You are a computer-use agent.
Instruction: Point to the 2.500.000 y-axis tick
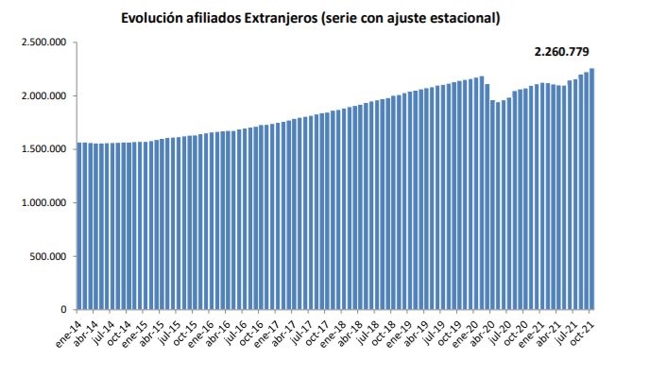pos(43,43)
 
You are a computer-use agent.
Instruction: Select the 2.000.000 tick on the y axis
pos(43,96)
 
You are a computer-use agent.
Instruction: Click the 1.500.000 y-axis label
pos(43,149)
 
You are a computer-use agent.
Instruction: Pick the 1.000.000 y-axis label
pos(43,203)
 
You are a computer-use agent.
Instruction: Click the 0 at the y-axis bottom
pos(63,310)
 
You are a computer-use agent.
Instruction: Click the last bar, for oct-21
pos(592,189)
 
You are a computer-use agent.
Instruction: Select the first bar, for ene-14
pos(78,227)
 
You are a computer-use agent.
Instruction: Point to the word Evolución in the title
pos(153,18)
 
